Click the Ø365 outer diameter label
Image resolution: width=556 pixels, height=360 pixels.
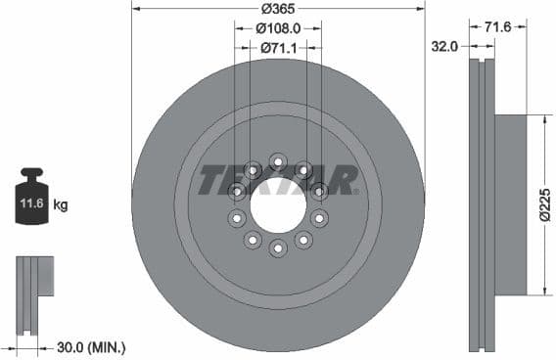pos(279,9)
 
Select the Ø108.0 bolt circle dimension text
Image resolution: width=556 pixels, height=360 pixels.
pos(279,28)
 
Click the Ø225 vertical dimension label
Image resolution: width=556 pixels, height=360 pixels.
pos(545,204)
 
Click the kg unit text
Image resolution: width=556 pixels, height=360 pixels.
pos(61,205)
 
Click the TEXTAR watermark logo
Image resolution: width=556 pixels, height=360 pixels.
pos(279,180)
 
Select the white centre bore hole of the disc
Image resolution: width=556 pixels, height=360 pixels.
pos(278,204)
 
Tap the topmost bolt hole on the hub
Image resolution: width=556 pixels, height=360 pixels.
pos(278,159)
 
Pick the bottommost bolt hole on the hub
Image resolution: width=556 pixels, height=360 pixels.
pos(278,249)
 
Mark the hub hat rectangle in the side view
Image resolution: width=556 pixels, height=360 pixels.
pos(510,204)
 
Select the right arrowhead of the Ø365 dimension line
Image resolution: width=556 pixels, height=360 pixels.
pos(422,9)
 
